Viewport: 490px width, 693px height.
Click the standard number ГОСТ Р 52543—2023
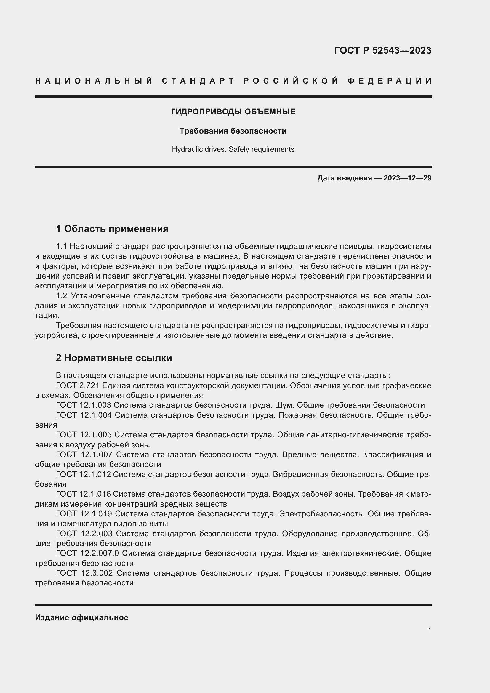click(382, 50)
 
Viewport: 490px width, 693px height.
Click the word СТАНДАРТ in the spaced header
click(198, 81)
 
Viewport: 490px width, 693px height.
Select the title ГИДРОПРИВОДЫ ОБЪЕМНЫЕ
click(233, 112)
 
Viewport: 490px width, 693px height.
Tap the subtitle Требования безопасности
click(233, 131)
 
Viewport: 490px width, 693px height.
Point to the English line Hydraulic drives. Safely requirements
click(233, 149)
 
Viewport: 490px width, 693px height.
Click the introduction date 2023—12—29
click(407, 178)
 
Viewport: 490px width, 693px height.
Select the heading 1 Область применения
click(112, 229)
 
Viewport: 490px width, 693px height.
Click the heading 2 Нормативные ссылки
click(114, 358)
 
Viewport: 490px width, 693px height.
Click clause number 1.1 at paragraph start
click(61, 246)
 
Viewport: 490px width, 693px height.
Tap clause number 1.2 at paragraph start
click(61, 296)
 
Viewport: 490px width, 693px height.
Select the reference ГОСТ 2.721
click(78, 385)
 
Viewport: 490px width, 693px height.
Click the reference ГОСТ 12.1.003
click(83, 405)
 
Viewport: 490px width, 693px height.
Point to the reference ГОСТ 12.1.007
click(84, 454)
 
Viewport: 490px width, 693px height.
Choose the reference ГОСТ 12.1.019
click(84, 514)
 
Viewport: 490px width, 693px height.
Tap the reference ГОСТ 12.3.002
click(84, 573)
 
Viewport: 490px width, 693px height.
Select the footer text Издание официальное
click(81, 617)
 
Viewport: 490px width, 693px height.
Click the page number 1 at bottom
click(429, 630)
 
